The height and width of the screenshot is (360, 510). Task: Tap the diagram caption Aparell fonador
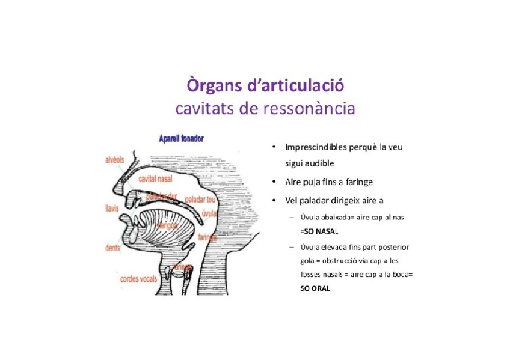click(180, 139)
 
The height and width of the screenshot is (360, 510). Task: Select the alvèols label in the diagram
click(115, 161)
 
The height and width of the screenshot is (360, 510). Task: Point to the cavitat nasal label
click(155, 178)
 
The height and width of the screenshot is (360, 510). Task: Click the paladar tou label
click(200, 198)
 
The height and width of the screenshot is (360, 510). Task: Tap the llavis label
click(111, 208)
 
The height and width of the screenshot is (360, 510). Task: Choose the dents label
click(112, 247)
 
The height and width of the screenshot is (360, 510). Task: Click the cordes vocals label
click(138, 279)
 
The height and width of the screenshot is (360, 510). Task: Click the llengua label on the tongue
click(167, 225)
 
